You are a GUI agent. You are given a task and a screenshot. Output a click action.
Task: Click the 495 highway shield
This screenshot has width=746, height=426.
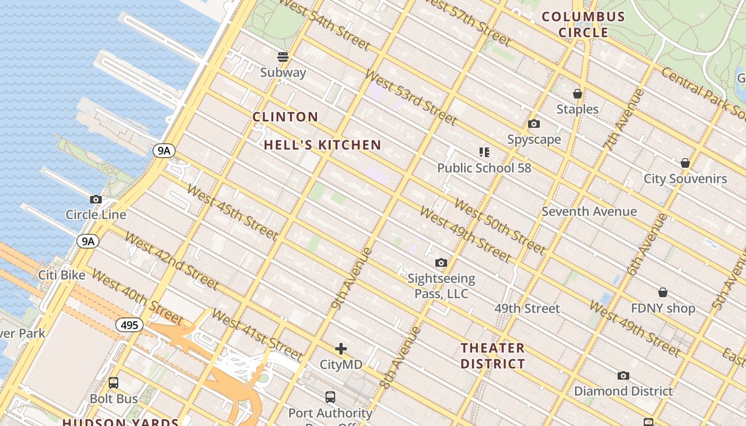129,325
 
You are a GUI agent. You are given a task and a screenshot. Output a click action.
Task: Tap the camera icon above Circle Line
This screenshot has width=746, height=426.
96,200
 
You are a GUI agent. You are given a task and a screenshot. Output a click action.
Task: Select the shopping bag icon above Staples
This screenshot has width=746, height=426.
577,94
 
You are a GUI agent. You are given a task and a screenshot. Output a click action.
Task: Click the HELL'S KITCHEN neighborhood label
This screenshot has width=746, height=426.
322,145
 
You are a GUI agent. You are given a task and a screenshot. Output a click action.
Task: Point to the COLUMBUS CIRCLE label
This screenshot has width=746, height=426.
583,24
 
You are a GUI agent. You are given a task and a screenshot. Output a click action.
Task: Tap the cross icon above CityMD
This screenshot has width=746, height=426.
341,349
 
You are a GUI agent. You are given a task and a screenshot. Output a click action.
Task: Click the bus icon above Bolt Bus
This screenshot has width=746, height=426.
113,383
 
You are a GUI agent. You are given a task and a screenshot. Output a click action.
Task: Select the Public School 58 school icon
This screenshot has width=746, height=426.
484,153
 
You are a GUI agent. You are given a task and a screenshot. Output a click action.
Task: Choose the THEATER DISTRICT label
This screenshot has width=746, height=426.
493,356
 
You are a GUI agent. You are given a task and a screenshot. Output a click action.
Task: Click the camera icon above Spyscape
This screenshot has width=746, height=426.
534,124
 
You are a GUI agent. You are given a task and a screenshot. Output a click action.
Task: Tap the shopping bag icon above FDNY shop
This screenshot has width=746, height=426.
663,292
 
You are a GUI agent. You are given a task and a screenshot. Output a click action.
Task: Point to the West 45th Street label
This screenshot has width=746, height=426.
232,212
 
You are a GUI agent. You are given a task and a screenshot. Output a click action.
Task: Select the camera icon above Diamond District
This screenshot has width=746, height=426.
623,376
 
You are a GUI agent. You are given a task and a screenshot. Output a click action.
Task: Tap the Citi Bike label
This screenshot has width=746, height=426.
62,275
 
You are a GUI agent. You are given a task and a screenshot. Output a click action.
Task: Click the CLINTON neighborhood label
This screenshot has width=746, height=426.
285,117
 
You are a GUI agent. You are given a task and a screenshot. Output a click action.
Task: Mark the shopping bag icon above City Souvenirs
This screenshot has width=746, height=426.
685,163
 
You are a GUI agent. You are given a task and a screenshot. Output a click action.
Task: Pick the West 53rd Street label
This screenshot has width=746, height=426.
410,97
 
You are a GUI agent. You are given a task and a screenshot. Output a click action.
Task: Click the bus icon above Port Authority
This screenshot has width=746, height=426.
330,397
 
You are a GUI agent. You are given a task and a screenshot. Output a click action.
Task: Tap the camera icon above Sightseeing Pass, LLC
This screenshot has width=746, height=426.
441,263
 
